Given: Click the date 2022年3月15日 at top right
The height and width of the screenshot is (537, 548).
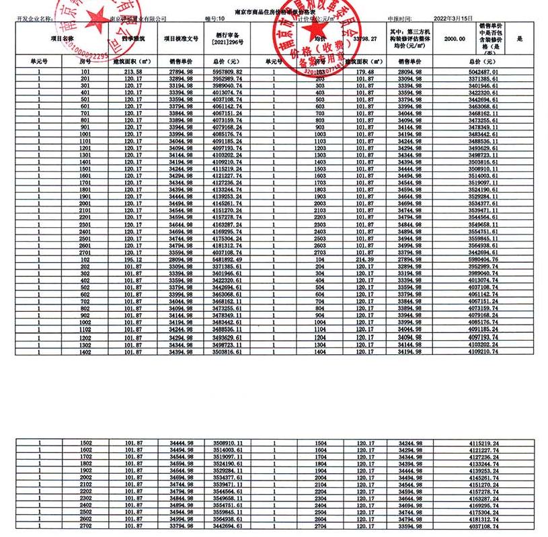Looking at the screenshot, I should pos(454,19).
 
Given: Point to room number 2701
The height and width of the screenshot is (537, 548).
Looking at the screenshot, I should pos(85,253).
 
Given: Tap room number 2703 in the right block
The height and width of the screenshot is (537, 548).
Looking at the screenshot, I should pos(320,253).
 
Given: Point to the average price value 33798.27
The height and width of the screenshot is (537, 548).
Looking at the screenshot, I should pos(366,40).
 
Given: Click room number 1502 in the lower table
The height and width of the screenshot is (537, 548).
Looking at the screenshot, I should pos(85,444).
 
